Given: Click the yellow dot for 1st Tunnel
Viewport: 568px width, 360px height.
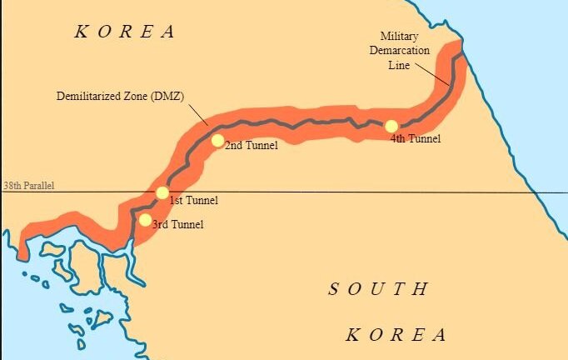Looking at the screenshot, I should (x=162, y=192).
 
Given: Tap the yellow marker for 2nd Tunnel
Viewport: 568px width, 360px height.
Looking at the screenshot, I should (x=217, y=140).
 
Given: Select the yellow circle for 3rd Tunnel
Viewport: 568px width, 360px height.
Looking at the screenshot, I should (x=145, y=220).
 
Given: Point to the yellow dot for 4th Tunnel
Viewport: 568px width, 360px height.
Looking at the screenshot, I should (x=391, y=126).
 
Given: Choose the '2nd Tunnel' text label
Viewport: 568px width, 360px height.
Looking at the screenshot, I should (x=251, y=146).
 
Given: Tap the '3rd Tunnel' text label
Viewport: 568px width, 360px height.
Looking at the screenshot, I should (x=177, y=224).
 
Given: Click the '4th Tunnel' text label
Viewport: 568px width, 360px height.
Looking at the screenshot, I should (x=415, y=138).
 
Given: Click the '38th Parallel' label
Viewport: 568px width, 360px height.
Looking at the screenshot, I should (x=29, y=185).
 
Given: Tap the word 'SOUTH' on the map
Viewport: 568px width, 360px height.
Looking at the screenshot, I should (x=379, y=290).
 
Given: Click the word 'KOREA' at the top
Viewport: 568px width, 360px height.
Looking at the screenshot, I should (x=125, y=32).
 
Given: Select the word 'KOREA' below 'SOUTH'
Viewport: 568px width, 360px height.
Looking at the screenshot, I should (x=396, y=335).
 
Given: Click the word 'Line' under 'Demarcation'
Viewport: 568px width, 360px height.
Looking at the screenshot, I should (x=400, y=65).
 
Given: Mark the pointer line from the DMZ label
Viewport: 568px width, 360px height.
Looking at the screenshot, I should (x=197, y=114).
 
